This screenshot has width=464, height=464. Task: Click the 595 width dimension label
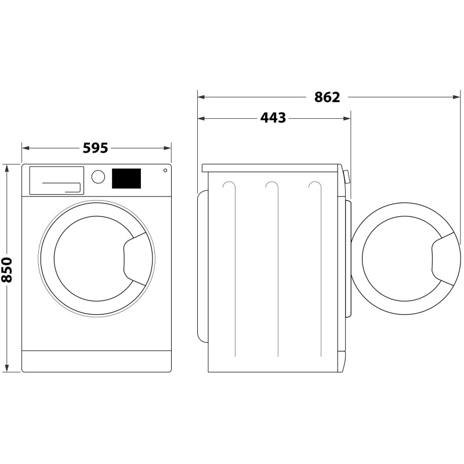click(x=96, y=148)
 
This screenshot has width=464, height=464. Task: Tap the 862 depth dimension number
click(x=327, y=97)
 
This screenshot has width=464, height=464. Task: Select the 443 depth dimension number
click(x=273, y=118)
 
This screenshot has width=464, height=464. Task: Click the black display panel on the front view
click(x=126, y=179)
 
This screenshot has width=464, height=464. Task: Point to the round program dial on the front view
click(x=99, y=177)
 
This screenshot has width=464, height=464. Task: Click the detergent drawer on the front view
click(x=56, y=180)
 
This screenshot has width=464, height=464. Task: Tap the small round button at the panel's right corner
click(x=165, y=171)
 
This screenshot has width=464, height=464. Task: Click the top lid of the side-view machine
click(x=270, y=168)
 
